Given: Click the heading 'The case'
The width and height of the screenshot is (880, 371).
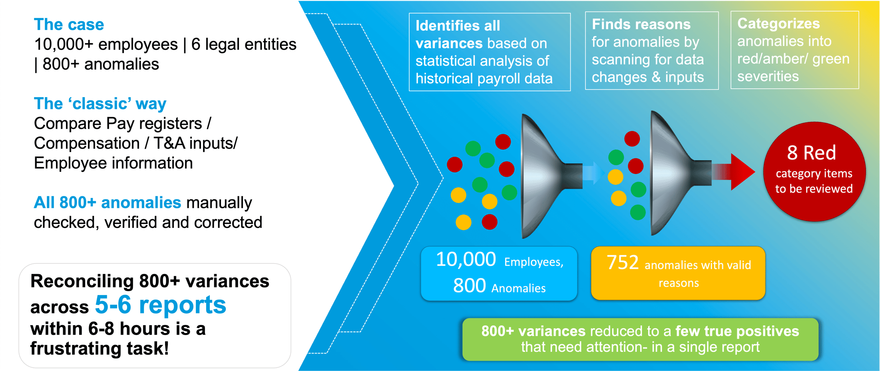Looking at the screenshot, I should (x=69, y=25).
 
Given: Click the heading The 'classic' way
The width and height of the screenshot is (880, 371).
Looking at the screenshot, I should (x=100, y=104).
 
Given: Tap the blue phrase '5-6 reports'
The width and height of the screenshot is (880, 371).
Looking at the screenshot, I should (x=160, y=305).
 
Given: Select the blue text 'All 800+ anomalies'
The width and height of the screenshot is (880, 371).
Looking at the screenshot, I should (x=107, y=203).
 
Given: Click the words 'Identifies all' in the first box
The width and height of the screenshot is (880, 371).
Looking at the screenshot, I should (x=458, y=26).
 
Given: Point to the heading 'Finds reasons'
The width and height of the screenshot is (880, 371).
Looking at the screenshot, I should (x=641, y=24).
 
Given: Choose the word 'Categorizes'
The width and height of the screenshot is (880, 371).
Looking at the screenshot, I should (x=778, y=24).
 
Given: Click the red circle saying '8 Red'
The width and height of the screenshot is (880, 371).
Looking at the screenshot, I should (x=814, y=172).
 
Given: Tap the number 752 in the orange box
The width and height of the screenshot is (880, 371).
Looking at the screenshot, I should (x=622, y=263).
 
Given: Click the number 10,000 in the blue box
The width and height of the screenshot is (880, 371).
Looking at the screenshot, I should (x=466, y=259).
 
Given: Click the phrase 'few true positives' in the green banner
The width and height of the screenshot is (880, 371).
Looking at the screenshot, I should (x=737, y=331).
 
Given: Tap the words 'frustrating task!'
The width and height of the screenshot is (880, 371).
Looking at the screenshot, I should (x=99, y=349).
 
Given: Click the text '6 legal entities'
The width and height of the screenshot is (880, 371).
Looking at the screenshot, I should (x=244, y=44).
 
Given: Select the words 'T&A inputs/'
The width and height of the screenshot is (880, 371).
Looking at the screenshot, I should (x=195, y=143).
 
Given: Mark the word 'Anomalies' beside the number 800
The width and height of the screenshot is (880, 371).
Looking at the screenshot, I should (x=518, y=288).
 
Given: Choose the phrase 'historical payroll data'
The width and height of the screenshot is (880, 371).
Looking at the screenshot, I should (x=484, y=79).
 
